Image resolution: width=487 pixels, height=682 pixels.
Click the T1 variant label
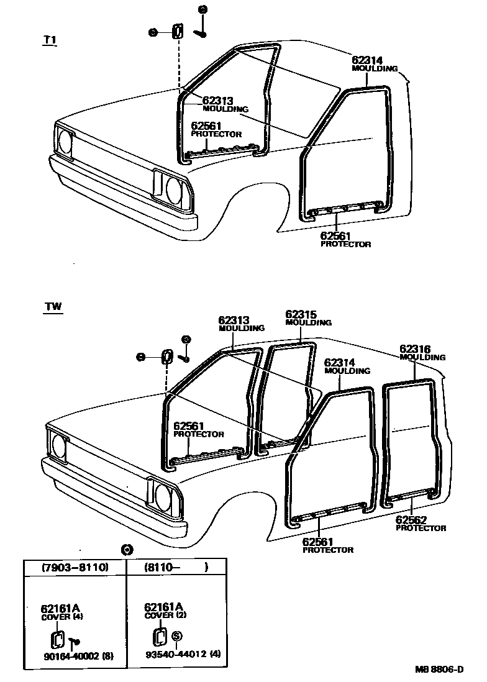point(50,40)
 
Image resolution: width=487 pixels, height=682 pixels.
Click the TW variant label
point(53,307)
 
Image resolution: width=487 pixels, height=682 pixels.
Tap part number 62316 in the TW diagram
point(415,349)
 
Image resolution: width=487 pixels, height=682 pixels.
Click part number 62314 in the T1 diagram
point(367,60)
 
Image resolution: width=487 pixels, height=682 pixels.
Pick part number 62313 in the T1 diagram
point(217,101)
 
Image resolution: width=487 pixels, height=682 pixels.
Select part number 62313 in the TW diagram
point(234,321)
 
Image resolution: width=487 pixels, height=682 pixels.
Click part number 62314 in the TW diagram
point(339,362)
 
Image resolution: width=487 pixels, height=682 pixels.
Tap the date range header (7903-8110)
point(75,567)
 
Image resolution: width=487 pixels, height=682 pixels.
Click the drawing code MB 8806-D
point(439,670)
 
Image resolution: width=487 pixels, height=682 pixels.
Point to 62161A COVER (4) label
point(61,611)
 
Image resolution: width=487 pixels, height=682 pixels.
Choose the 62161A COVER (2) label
point(165,611)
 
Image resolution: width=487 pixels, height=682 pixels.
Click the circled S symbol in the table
point(176,636)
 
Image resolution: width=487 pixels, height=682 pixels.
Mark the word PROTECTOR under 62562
point(421,529)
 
